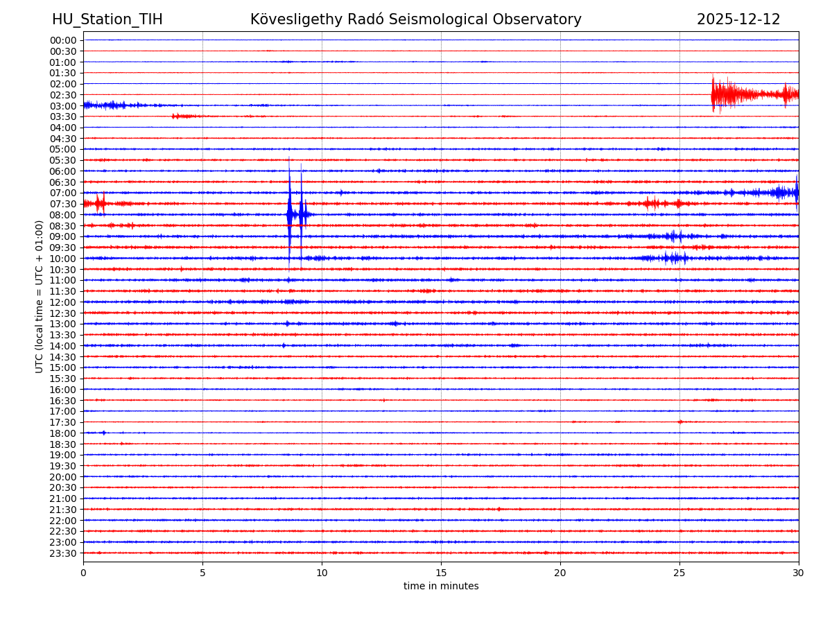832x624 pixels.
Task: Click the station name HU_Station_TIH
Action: tap(107, 20)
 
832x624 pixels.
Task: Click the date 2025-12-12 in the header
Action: tap(738, 20)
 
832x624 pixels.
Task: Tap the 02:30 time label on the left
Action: tap(62, 95)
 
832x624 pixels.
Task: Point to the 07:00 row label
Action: tap(62, 193)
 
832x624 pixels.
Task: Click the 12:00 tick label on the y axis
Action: tap(62, 302)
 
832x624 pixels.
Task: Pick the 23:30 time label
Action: tap(62, 553)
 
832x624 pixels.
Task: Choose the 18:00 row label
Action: tap(62, 433)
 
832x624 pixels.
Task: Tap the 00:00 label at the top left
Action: tap(62, 40)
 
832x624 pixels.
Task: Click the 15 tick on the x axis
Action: tap(441, 573)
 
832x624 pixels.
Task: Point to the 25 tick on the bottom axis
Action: tap(679, 573)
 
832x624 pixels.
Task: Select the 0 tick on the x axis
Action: tap(83, 573)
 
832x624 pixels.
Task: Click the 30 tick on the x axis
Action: tap(799, 573)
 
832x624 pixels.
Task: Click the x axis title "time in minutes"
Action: tap(441, 587)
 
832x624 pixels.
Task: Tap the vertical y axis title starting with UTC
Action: tap(40, 296)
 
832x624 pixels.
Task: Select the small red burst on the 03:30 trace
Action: tap(182, 116)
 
